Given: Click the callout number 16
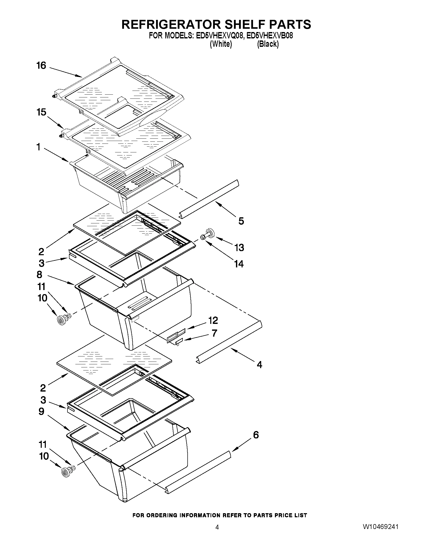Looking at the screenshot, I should tap(41, 66).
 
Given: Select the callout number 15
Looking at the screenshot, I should tap(41, 112).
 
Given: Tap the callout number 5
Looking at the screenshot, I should tap(241, 221).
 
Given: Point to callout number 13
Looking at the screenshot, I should tap(239, 248).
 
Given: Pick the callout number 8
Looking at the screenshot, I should tap(39, 275).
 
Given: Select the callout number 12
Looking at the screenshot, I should tap(213, 320).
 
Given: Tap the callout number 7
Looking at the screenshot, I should tap(214, 333).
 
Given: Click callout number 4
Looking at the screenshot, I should tap(259, 364).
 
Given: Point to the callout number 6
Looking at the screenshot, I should tap(256, 435).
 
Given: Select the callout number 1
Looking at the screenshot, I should tap(38, 147).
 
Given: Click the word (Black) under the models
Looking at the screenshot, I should tap(268, 44).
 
